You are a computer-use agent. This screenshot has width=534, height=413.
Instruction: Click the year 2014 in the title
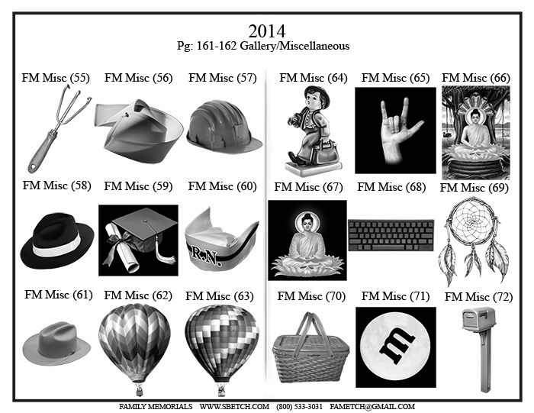coord(267,31)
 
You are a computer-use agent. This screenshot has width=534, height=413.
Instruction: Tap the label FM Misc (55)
coord(56,78)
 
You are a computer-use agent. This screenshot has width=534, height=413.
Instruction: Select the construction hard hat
coord(224,126)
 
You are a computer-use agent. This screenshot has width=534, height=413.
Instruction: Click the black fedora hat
coord(57,240)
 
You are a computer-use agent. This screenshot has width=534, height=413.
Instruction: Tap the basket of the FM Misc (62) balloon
coord(139,390)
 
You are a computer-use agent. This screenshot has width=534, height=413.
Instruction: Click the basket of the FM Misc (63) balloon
coord(222,390)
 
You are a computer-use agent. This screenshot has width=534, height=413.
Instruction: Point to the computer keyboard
coord(391,235)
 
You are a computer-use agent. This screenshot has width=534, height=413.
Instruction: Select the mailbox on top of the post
coord(478,318)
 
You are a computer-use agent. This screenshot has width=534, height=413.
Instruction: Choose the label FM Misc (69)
coord(474,188)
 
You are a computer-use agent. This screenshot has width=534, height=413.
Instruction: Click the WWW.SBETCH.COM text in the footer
coord(234,407)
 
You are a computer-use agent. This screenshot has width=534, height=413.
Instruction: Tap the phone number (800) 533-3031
coord(299,407)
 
